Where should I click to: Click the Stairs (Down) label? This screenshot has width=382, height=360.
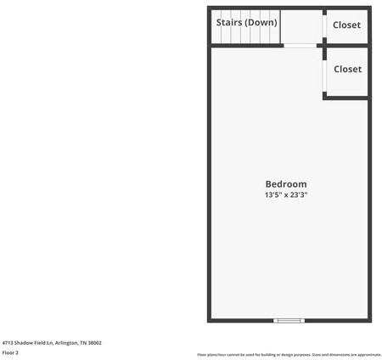pos(246,23)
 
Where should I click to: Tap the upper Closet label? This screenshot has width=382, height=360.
pos(346,25)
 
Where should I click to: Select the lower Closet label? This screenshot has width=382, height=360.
pos(347,70)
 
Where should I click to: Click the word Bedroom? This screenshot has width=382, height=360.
pos(286,184)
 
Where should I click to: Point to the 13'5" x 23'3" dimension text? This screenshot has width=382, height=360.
pos(286,195)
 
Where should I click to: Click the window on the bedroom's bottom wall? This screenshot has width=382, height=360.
pos(289,320)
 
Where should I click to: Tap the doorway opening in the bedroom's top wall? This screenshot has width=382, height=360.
pos(300,45)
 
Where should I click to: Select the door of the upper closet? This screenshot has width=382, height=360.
pos(324,25)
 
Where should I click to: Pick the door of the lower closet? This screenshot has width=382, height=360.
pos(324,73)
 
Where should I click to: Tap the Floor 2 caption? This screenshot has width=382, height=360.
pos(10,352)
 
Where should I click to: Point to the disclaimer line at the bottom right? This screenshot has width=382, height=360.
pos(289,354)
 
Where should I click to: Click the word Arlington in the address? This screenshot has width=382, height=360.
pos(69,343)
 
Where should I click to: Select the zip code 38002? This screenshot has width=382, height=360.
pos(95,343)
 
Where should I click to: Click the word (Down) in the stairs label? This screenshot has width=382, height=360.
pos(261,23)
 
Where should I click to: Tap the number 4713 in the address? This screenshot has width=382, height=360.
pos(8,343)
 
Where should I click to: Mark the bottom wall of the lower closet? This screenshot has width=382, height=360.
pos(346,98)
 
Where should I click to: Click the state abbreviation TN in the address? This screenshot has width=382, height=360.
pos(83,343)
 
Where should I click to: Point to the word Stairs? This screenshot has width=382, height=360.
pos(229,23)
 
